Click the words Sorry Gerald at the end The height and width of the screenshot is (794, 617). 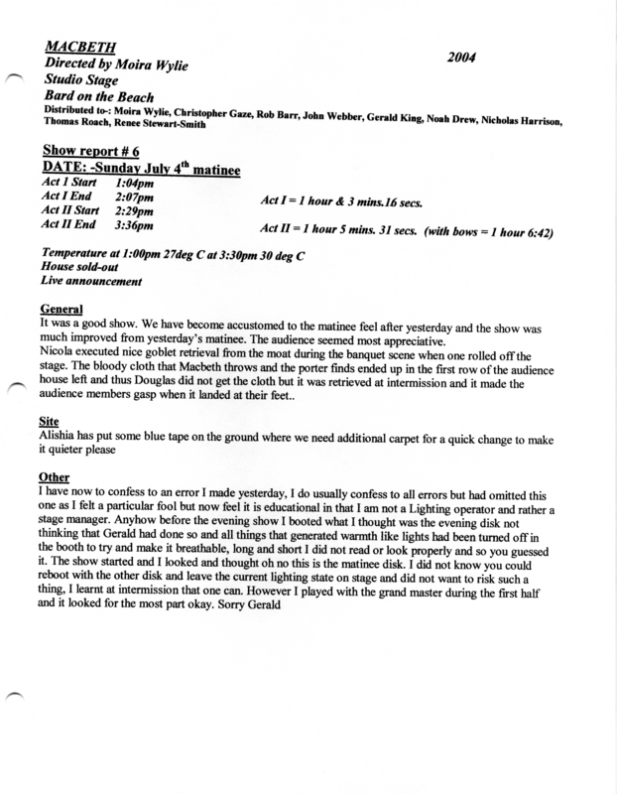click(248, 606)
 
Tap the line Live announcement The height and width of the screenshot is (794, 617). click(90, 282)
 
